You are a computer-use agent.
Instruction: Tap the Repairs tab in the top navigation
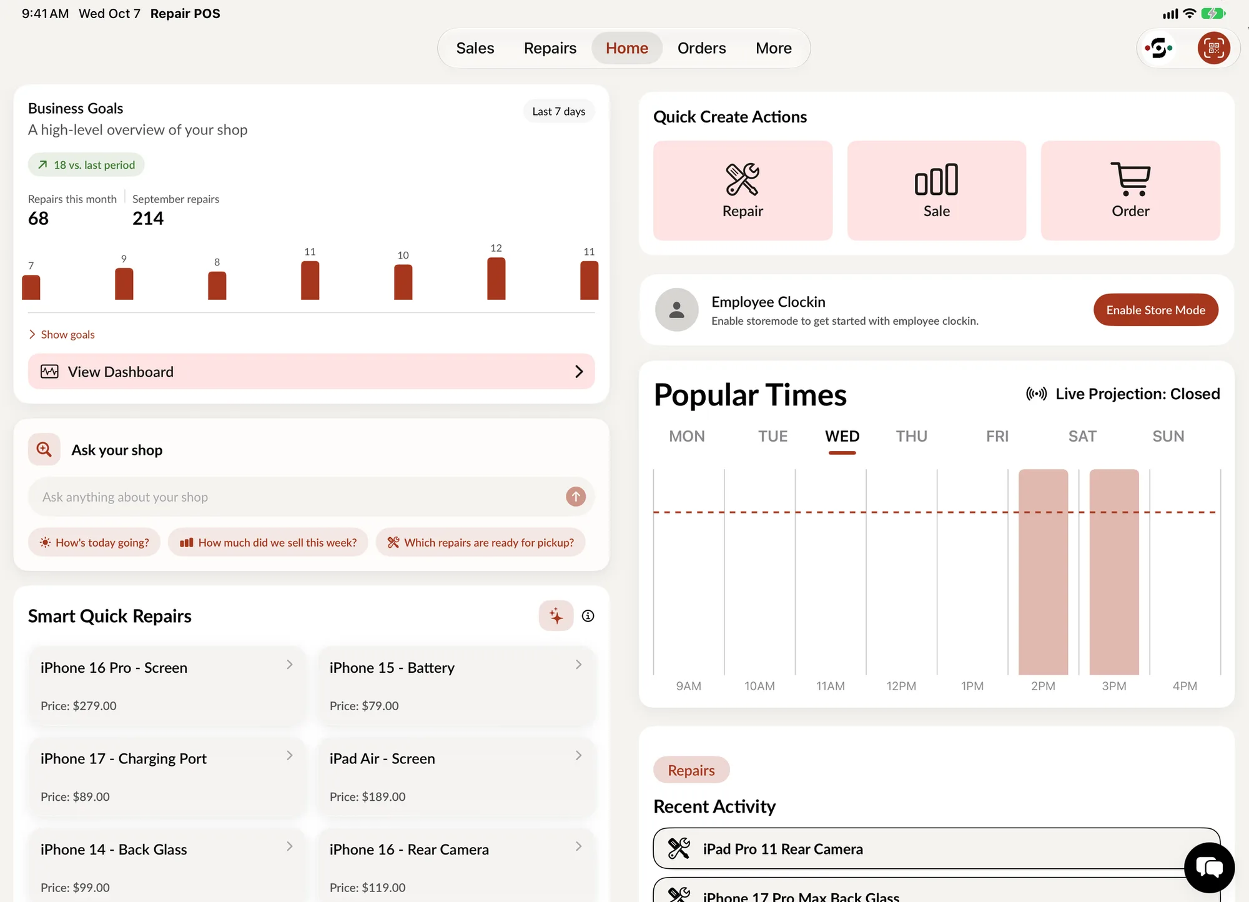[x=550, y=48]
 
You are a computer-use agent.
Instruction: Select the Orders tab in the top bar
[x=701, y=48]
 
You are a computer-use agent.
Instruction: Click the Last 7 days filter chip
[x=558, y=111]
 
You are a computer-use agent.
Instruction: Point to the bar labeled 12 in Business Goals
[x=496, y=279]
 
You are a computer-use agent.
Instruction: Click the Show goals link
[x=62, y=335]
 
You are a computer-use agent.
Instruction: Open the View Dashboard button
[x=311, y=372]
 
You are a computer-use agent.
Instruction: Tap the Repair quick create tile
[x=743, y=191]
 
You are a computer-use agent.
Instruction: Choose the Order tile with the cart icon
[x=1130, y=191]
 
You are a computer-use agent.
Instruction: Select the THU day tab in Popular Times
[x=911, y=436]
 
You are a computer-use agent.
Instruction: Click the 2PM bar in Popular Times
[x=1043, y=572]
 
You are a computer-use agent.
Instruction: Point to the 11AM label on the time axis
[x=830, y=686]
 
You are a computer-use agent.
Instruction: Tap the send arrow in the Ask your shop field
[x=576, y=497]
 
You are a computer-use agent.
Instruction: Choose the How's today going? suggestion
[x=94, y=542]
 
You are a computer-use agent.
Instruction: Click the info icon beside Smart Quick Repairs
[x=588, y=616]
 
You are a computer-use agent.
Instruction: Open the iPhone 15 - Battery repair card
[x=457, y=686]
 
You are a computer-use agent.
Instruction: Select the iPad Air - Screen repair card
[x=457, y=777]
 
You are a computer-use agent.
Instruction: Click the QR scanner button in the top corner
[x=1213, y=48]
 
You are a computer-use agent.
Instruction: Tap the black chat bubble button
[x=1209, y=868]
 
